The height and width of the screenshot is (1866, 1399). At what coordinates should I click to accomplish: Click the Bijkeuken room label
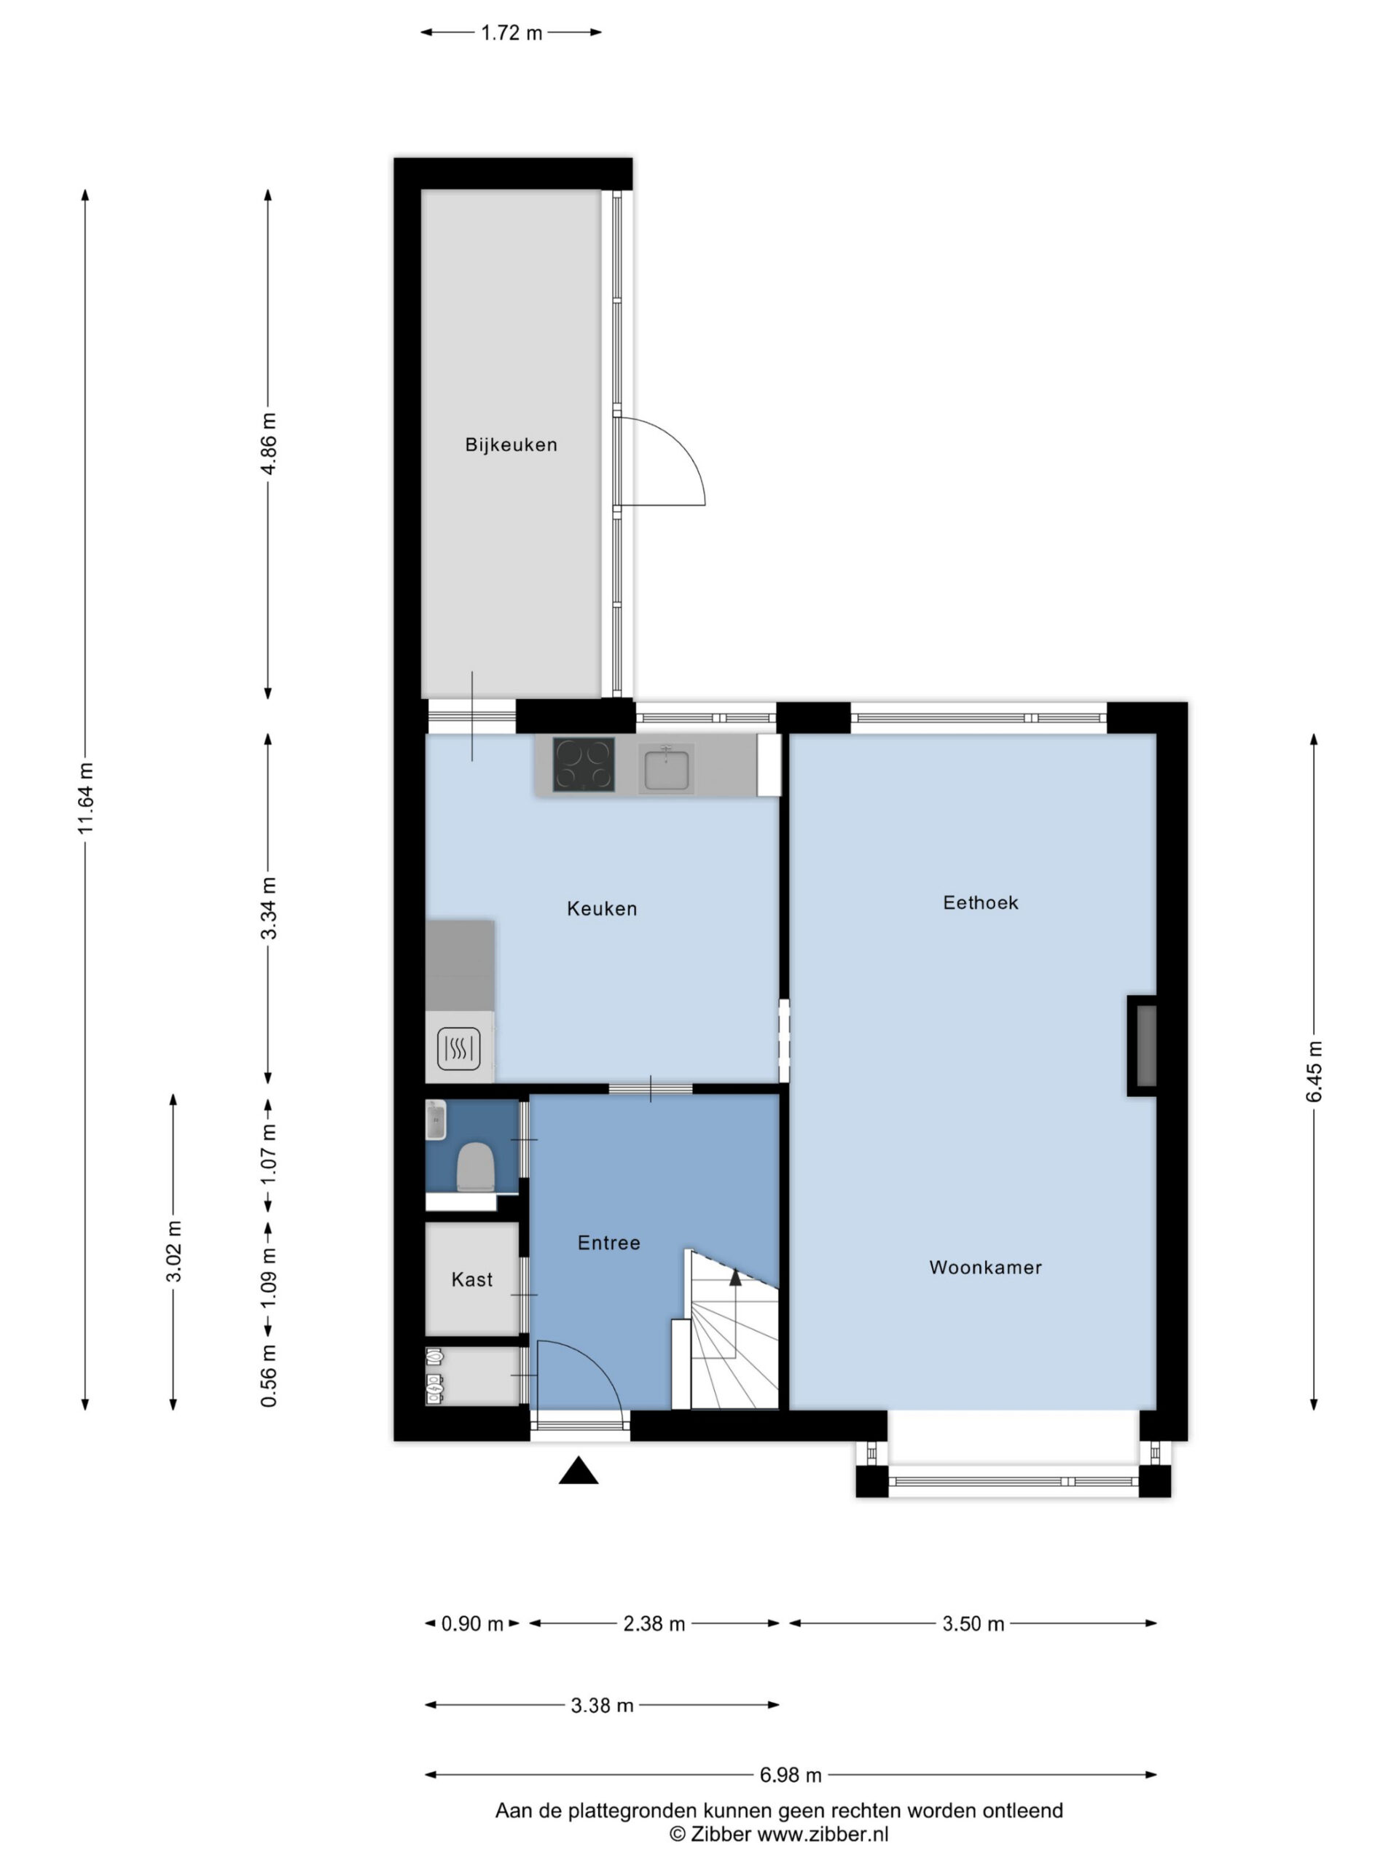511,445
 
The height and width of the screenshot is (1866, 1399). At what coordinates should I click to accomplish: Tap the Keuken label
601,908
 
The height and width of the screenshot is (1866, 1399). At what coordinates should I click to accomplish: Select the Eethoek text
980,902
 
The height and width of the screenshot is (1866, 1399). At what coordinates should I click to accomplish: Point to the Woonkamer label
985,1267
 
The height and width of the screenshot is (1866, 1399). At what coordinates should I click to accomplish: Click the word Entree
609,1243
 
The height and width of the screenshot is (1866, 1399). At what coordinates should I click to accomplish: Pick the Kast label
471,1280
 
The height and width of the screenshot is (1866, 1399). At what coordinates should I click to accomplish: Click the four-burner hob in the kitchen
584,765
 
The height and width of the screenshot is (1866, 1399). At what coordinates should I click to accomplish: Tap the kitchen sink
667,768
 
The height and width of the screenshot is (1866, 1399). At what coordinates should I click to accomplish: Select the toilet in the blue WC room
475,1167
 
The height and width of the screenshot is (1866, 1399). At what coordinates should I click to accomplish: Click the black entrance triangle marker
579,1470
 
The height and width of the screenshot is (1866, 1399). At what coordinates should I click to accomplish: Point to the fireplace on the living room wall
1142,1046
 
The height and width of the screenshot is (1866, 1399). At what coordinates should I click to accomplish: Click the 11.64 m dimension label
85,798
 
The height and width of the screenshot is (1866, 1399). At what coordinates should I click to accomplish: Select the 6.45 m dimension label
1314,1071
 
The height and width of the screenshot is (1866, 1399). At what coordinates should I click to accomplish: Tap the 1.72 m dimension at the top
511,33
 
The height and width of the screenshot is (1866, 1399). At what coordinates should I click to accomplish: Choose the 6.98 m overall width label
790,1775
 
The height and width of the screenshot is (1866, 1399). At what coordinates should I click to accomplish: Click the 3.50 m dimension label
973,1624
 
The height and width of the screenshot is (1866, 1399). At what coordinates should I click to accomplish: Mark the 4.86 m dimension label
269,444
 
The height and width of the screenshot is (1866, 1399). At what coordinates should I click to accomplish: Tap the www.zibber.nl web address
823,1834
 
